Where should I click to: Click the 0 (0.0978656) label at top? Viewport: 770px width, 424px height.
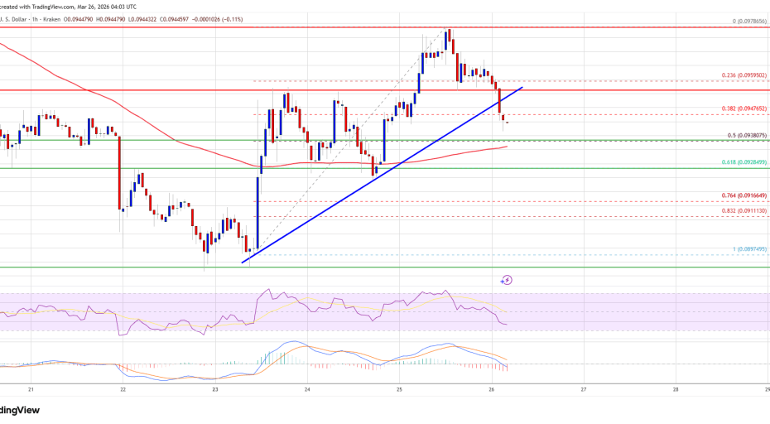[x=745, y=22]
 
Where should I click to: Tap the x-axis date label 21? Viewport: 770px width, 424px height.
[x=31, y=389]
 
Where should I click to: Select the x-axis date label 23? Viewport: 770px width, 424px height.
[x=215, y=389]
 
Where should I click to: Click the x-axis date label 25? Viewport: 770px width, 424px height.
[x=399, y=389]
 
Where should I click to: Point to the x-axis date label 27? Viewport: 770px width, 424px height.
[x=584, y=389]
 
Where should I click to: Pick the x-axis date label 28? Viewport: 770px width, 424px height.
[x=676, y=389]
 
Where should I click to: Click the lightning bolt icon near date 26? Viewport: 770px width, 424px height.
[x=507, y=280]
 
